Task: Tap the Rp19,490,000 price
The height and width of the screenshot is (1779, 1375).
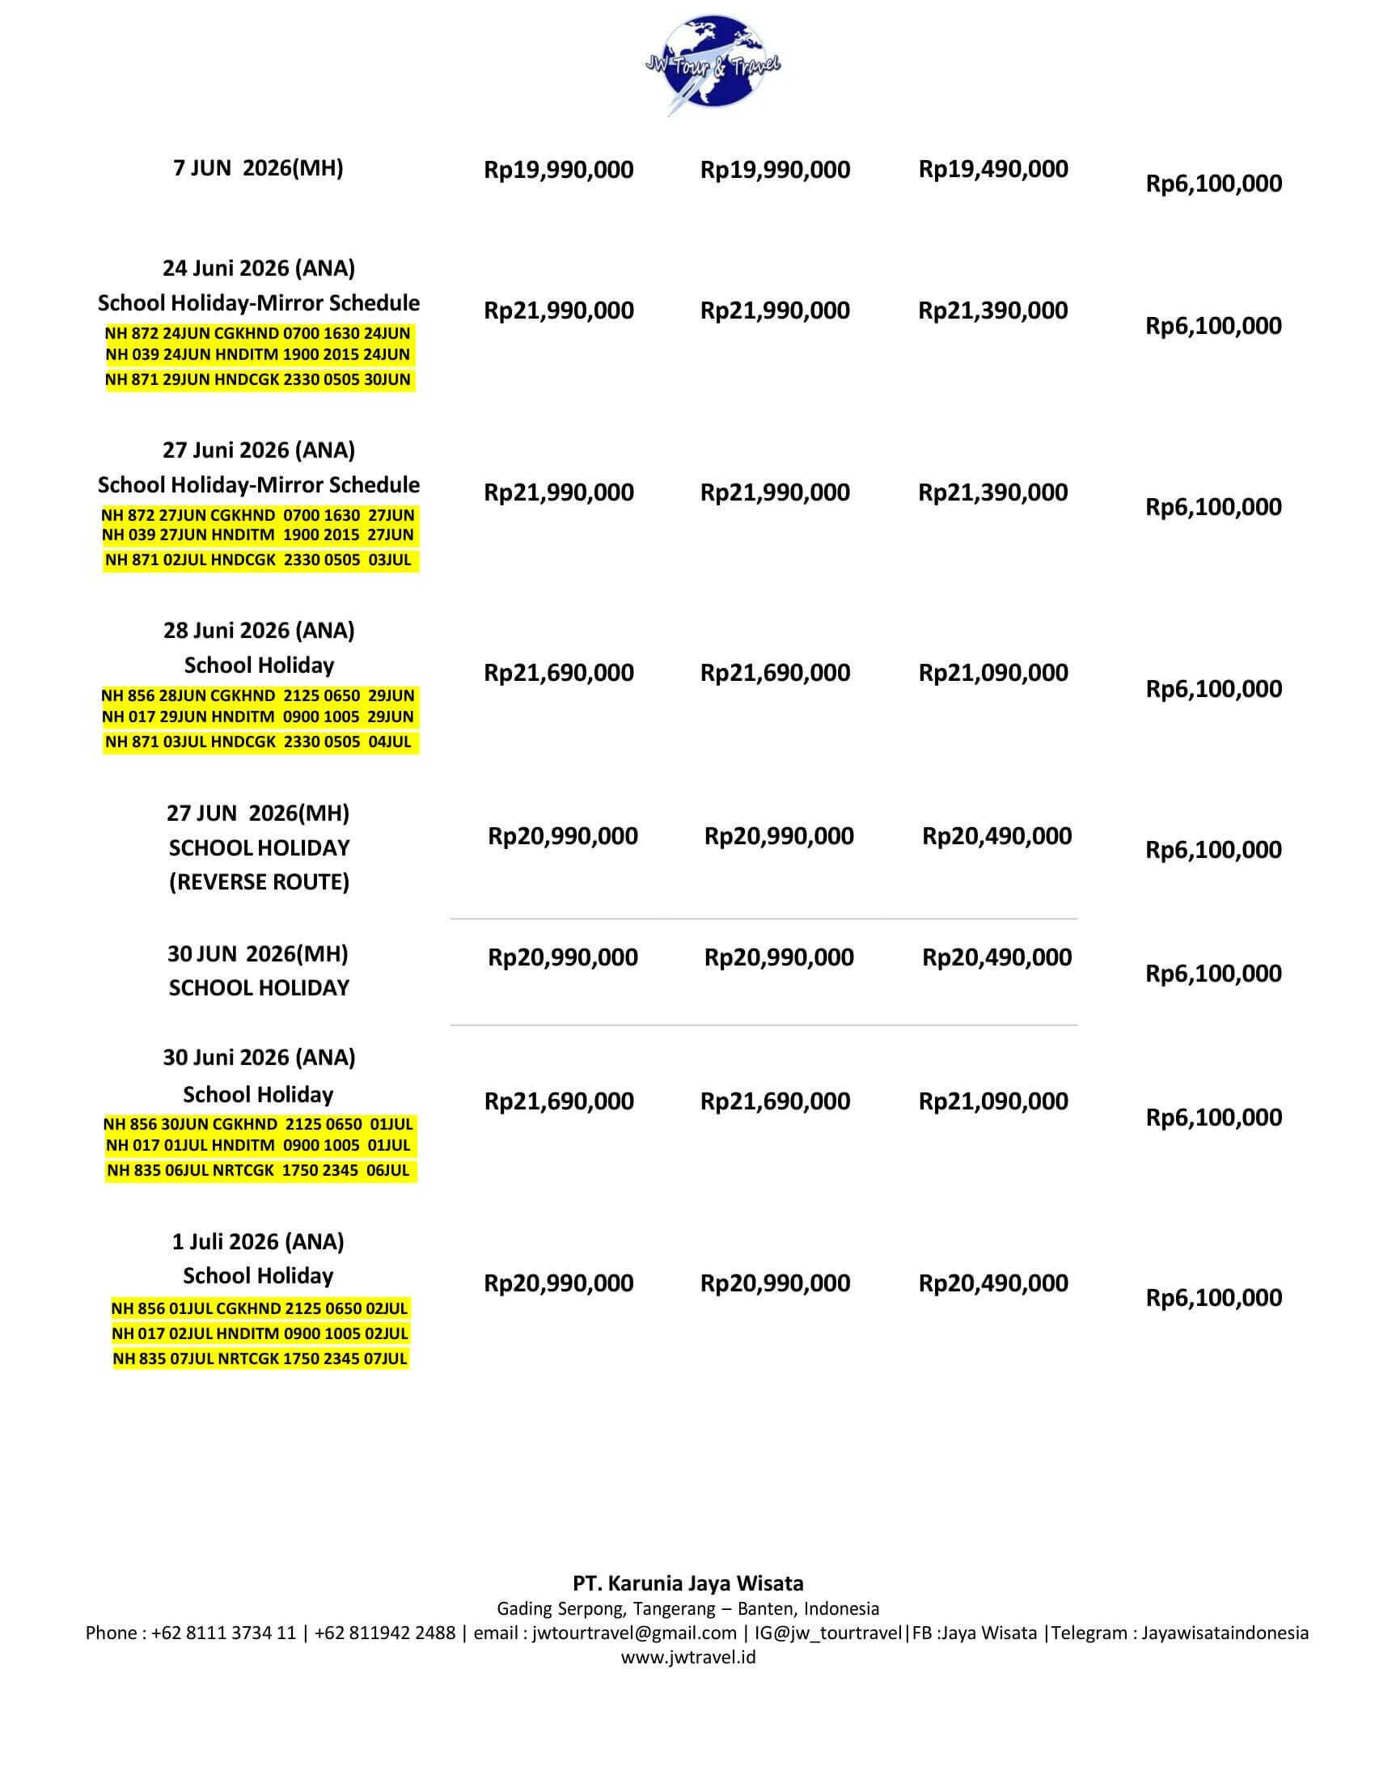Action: [993, 170]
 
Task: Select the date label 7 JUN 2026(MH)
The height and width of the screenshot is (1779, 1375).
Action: [257, 168]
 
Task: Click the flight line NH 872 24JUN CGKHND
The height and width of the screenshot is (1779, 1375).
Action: [257, 333]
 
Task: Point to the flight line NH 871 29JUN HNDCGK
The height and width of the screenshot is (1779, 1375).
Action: [257, 379]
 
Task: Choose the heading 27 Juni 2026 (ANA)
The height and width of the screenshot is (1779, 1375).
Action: [258, 450]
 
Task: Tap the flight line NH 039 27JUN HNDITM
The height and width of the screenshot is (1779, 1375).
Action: [257, 535]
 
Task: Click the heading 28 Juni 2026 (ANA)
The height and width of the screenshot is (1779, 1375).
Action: [258, 631]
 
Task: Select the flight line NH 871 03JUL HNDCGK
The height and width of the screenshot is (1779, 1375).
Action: [257, 742]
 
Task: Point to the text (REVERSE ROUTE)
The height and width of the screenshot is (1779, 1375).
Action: [258, 882]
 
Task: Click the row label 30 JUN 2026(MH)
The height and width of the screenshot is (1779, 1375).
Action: [257, 954]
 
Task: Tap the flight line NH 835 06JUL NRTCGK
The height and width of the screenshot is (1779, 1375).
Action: [257, 1171]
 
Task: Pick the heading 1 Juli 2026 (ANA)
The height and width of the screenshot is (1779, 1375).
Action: [257, 1241]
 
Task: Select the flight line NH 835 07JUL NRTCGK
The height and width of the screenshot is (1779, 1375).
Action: [259, 1359]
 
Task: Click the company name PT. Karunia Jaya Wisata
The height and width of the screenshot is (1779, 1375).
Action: [687, 1583]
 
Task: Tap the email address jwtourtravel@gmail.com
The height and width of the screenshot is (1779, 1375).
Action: [635, 1633]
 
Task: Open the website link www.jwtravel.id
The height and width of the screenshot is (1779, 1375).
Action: [687, 1657]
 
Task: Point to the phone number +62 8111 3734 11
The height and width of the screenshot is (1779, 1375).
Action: [223, 1633]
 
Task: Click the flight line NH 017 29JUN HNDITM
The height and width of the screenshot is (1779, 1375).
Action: [257, 716]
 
